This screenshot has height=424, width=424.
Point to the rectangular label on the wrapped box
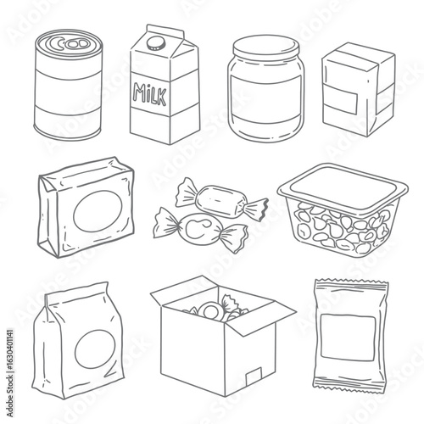[x=341, y=99]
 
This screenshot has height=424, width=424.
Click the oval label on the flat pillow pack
[x=98, y=210]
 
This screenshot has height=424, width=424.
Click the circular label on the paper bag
[x=95, y=349]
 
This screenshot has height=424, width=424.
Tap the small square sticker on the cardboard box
[x=254, y=377]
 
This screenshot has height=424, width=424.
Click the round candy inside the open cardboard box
[x=211, y=310]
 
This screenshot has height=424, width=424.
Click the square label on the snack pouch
[x=349, y=338]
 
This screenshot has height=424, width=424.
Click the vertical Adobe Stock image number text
[x=9, y=372]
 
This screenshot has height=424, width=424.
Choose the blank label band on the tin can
[x=68, y=92]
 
